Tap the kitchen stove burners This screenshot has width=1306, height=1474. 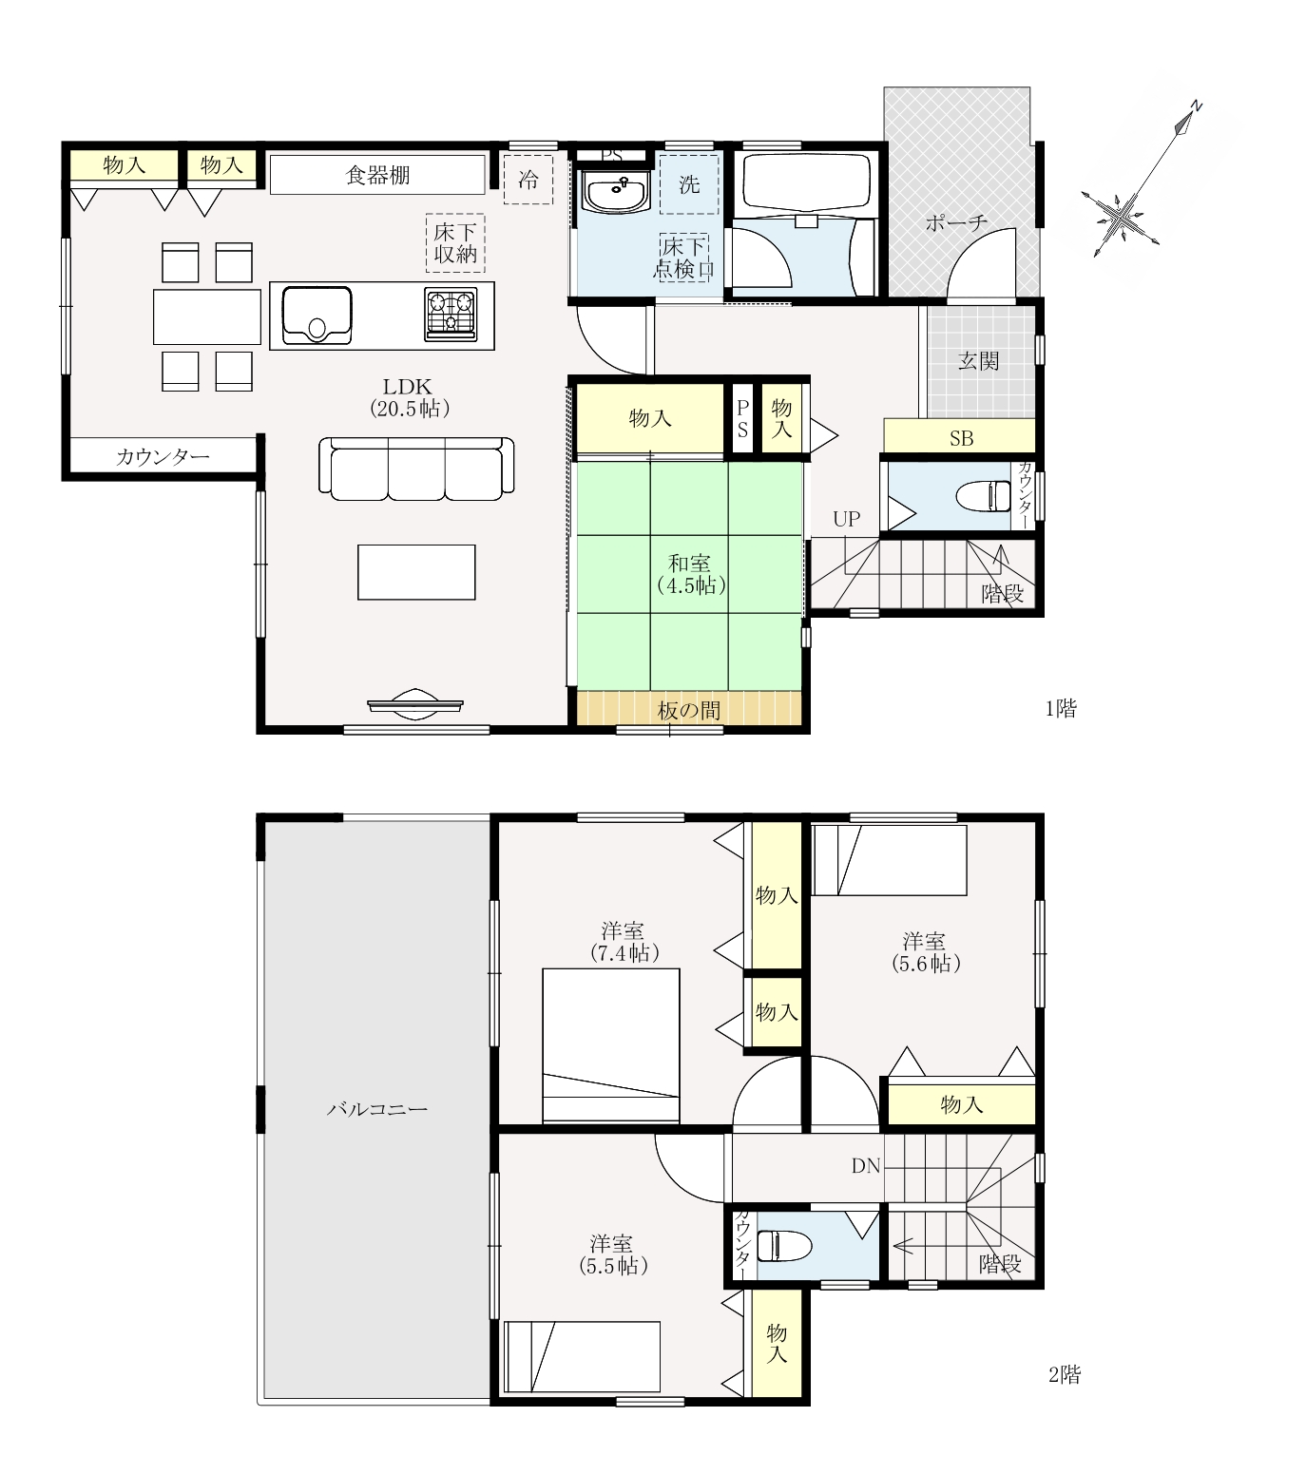pos(451,314)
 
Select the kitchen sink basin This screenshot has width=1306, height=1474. pos(317,315)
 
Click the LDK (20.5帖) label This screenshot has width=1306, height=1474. pos(409,397)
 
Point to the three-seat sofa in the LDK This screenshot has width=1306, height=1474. pos(416,469)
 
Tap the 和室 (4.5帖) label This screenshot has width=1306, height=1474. pos(690,574)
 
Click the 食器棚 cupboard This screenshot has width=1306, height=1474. pos(377,175)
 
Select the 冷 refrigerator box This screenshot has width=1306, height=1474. pos(528,179)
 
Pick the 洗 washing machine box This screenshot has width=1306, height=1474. pos(689,183)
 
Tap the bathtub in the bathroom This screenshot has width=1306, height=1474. pos(806,182)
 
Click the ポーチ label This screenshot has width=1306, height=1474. pos(955,223)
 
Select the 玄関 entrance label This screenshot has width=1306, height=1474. pos(978,361)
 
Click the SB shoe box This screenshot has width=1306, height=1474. pos(960,437)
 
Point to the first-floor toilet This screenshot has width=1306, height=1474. pos(982,496)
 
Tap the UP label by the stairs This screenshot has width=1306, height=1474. pos(846,519)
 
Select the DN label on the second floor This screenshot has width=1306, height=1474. pos(866,1166)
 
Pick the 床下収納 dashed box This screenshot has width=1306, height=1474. pos(455,242)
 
